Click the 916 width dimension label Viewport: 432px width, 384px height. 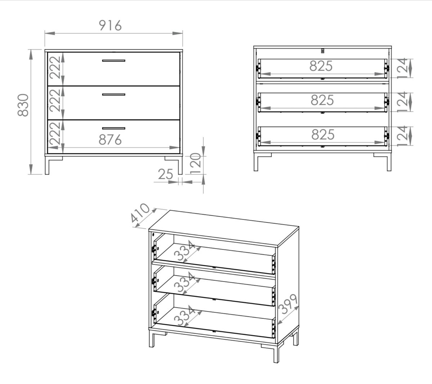point(110,26)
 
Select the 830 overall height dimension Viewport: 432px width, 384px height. point(23,105)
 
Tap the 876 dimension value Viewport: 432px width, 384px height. point(110,140)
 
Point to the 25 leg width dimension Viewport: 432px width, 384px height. point(165,174)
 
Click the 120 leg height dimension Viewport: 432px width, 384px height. point(195,163)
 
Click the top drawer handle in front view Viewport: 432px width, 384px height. point(114,60)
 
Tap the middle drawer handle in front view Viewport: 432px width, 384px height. point(114,94)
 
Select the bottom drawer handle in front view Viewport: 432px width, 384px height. point(114,128)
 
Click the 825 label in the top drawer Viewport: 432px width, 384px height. point(321,66)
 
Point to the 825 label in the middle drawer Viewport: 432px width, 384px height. point(322,100)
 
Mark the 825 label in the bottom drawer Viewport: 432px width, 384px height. point(323,135)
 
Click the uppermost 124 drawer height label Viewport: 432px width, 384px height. point(402,68)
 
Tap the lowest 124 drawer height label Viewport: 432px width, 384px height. point(402,136)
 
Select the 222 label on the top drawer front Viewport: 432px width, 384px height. point(55,68)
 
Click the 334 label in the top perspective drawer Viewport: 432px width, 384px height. point(185,251)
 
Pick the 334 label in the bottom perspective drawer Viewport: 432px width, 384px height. point(185,316)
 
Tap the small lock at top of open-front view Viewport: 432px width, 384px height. point(323,51)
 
